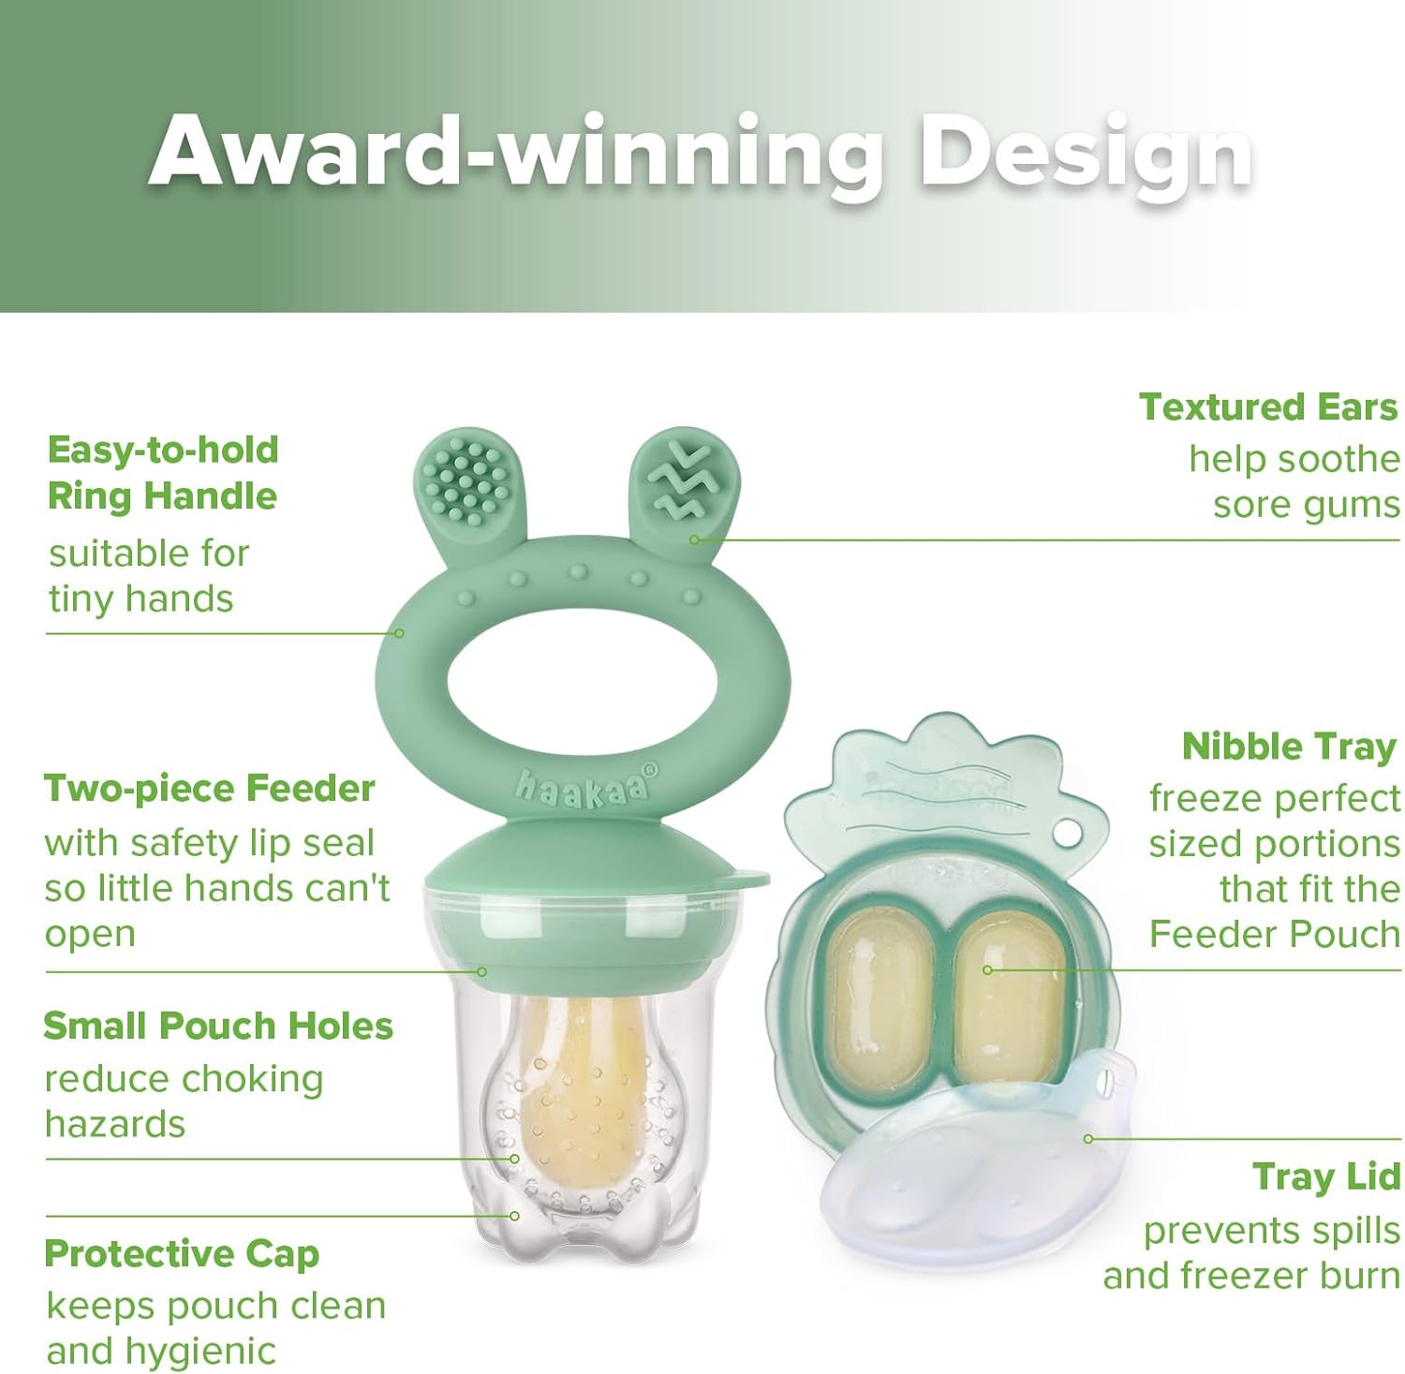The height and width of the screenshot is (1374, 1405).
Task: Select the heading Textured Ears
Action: coord(1268,406)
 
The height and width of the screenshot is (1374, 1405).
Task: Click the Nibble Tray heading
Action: coord(1289,746)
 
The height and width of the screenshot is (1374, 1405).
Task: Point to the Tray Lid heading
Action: coord(1326,1177)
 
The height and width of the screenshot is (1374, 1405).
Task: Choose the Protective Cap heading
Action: coord(182,1253)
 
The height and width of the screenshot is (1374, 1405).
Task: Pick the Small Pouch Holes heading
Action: coord(218,1026)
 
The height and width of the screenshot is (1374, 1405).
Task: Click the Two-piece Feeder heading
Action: coord(209,789)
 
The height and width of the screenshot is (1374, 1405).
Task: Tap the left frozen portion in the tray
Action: coord(882,993)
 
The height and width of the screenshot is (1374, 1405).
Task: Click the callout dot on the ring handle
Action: coord(400,633)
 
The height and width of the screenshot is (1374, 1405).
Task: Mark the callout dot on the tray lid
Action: coord(1088,1139)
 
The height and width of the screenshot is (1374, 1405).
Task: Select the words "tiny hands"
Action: coord(140,599)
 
